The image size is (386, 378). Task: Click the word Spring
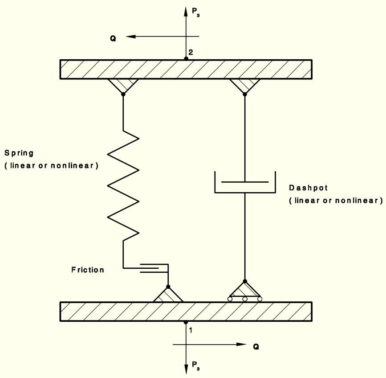coord(19,153)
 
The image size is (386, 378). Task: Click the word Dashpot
coord(308,188)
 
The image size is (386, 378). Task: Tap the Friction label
coord(88,270)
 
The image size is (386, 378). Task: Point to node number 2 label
coord(191,52)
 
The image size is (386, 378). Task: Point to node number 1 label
coord(191,330)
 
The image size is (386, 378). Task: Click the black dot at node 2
coord(186,59)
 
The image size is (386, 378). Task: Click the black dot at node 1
coord(186,322)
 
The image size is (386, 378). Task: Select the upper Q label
coord(113,38)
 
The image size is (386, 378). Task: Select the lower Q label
coord(256,347)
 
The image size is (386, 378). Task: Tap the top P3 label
coord(196,12)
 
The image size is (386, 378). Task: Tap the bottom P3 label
coord(196,366)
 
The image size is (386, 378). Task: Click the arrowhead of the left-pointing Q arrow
coord(130,37)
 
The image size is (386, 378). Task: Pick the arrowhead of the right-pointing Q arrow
coord(241,344)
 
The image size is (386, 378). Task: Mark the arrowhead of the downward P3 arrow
coord(186,370)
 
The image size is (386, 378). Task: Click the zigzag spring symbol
coord(123,185)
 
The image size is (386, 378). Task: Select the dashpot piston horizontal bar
coord(245,182)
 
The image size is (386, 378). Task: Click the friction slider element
coord(154,268)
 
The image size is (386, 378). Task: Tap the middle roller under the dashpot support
coord(245,299)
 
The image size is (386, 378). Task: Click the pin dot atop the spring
coord(123,94)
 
